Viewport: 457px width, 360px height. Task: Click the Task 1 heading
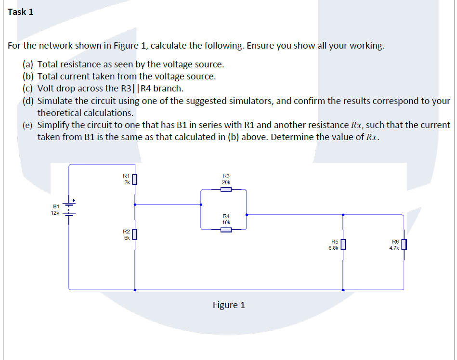[x=21, y=12]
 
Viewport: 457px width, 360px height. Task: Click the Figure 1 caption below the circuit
[x=229, y=305]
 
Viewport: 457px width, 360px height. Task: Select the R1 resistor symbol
[x=135, y=180]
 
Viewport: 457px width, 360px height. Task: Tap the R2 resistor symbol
[x=135, y=234]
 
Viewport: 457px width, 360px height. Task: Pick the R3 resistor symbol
[x=226, y=189]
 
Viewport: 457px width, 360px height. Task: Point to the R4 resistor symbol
[x=226, y=230]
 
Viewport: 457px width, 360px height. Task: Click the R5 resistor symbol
[x=343, y=245]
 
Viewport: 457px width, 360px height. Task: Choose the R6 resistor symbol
[x=404, y=245]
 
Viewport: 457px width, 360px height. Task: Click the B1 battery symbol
[x=69, y=209]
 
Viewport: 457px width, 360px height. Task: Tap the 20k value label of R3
[x=226, y=182]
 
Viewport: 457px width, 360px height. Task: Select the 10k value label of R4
[x=226, y=223]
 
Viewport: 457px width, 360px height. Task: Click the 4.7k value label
[x=394, y=248]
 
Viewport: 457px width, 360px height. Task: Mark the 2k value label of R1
[x=126, y=182]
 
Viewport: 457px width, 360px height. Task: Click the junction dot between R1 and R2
[x=135, y=205]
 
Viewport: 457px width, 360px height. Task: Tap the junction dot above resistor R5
[x=343, y=215]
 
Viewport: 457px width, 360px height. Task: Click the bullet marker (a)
[x=28, y=64]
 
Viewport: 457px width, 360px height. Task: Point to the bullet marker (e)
[x=28, y=125]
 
